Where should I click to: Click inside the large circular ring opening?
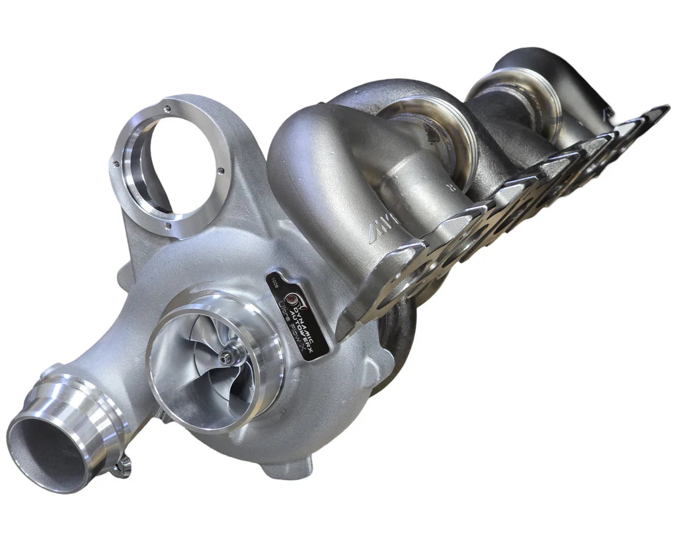(x=173, y=165)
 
